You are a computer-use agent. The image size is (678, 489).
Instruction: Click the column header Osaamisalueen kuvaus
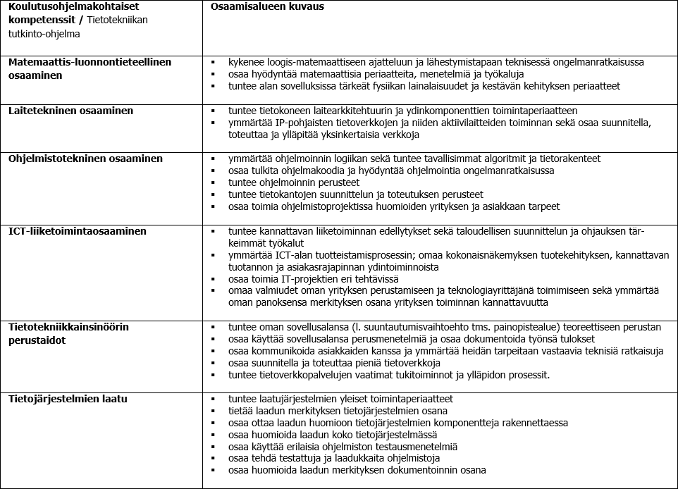[x=259, y=6]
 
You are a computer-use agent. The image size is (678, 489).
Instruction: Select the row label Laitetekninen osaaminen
[x=70, y=111]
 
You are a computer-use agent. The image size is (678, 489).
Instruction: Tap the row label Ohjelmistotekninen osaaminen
[x=85, y=159]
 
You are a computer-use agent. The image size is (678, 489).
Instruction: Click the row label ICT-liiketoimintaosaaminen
[x=78, y=230]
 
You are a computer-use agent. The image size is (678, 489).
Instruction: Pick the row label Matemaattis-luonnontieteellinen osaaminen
[x=90, y=68]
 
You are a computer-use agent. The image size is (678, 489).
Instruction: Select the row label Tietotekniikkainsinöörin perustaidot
[x=68, y=333]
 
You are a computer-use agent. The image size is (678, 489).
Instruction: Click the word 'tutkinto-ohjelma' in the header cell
[x=44, y=33]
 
